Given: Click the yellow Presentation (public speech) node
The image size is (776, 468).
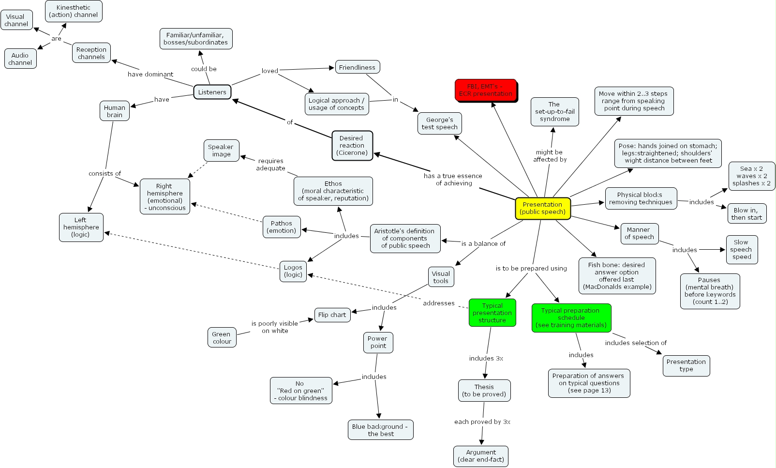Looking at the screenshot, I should coord(543,209).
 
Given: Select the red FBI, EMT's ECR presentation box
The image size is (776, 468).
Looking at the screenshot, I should coord(486,91).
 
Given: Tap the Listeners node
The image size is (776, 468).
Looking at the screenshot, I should coord(212,92).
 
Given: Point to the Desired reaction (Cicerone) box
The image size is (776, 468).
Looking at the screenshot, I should coord(352,146).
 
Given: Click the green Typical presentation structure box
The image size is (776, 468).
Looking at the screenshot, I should coord(492,313).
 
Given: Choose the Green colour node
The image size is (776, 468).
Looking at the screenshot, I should coord(222,337).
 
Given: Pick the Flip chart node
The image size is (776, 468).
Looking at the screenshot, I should coord(332,315).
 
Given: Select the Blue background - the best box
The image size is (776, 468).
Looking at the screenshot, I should coord(380,430).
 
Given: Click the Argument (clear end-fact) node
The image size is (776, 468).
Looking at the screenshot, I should coord(481,456).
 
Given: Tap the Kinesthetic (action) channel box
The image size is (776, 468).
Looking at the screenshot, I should coord(74,11).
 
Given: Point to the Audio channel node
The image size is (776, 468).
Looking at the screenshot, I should coord(20,59).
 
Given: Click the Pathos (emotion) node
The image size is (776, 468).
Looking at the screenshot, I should coord(282,227).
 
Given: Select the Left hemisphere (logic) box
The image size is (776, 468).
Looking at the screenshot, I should coord(81,227).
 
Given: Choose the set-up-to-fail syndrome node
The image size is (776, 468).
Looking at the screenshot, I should coord(554,112).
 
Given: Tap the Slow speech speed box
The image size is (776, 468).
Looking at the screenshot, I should coord(741,250).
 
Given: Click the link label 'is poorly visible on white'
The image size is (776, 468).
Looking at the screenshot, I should coord(274,327).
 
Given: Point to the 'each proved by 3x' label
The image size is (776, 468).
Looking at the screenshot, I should coord(482,422).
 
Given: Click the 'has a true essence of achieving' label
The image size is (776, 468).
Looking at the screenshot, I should coord(453,180).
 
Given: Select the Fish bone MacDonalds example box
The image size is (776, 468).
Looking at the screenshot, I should coord(617,276).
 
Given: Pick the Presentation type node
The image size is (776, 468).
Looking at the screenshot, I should coord(686,365).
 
